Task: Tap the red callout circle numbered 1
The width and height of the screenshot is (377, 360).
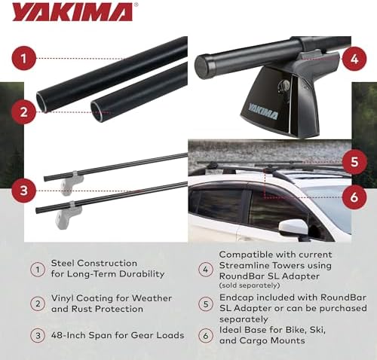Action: pyautogui.click(x=23, y=59)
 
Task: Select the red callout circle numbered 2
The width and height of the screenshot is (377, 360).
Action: pyautogui.click(x=23, y=111)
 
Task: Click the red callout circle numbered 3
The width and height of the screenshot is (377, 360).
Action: pyautogui.click(x=23, y=191)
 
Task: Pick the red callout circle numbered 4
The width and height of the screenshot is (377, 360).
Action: pyautogui.click(x=354, y=59)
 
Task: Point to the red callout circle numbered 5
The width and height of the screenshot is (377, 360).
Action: pyautogui.click(x=354, y=162)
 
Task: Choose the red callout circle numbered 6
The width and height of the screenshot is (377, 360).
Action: pyautogui.click(x=354, y=197)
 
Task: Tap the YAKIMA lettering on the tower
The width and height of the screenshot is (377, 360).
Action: pyautogui.click(x=263, y=111)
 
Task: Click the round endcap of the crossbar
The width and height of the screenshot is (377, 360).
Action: pyautogui.click(x=203, y=66)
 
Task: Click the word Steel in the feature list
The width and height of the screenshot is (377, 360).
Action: pyautogui.click(x=62, y=263)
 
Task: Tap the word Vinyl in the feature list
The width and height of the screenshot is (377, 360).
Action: pyautogui.click(x=63, y=298)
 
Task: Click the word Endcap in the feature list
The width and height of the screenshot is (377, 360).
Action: pyautogui.click(x=236, y=298)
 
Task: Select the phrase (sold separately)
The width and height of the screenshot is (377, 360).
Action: pyautogui.click(x=250, y=285)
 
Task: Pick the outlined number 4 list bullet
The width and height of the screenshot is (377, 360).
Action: pyautogui.click(x=206, y=270)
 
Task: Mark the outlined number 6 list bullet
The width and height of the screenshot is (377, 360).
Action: pyautogui.click(x=206, y=335)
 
